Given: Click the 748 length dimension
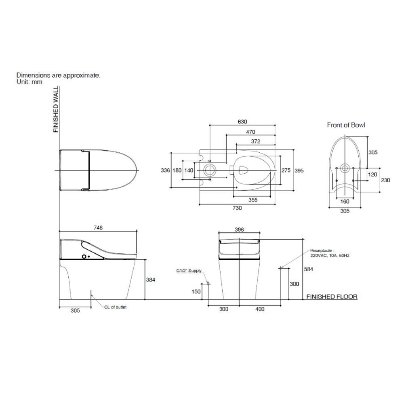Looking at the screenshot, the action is point(98,228).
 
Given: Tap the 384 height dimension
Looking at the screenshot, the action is point(151,280).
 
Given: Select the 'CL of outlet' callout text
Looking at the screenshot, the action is point(116,307).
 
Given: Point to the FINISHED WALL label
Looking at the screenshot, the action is point(56,109).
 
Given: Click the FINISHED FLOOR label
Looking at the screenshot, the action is point(332,297).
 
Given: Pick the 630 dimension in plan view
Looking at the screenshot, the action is point(242,122).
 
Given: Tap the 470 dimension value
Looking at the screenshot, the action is point(251,132).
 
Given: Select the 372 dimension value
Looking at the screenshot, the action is point(256,141).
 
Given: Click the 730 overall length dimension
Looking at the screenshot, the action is point(237,208).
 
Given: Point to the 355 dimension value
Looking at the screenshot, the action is point(253,200).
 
